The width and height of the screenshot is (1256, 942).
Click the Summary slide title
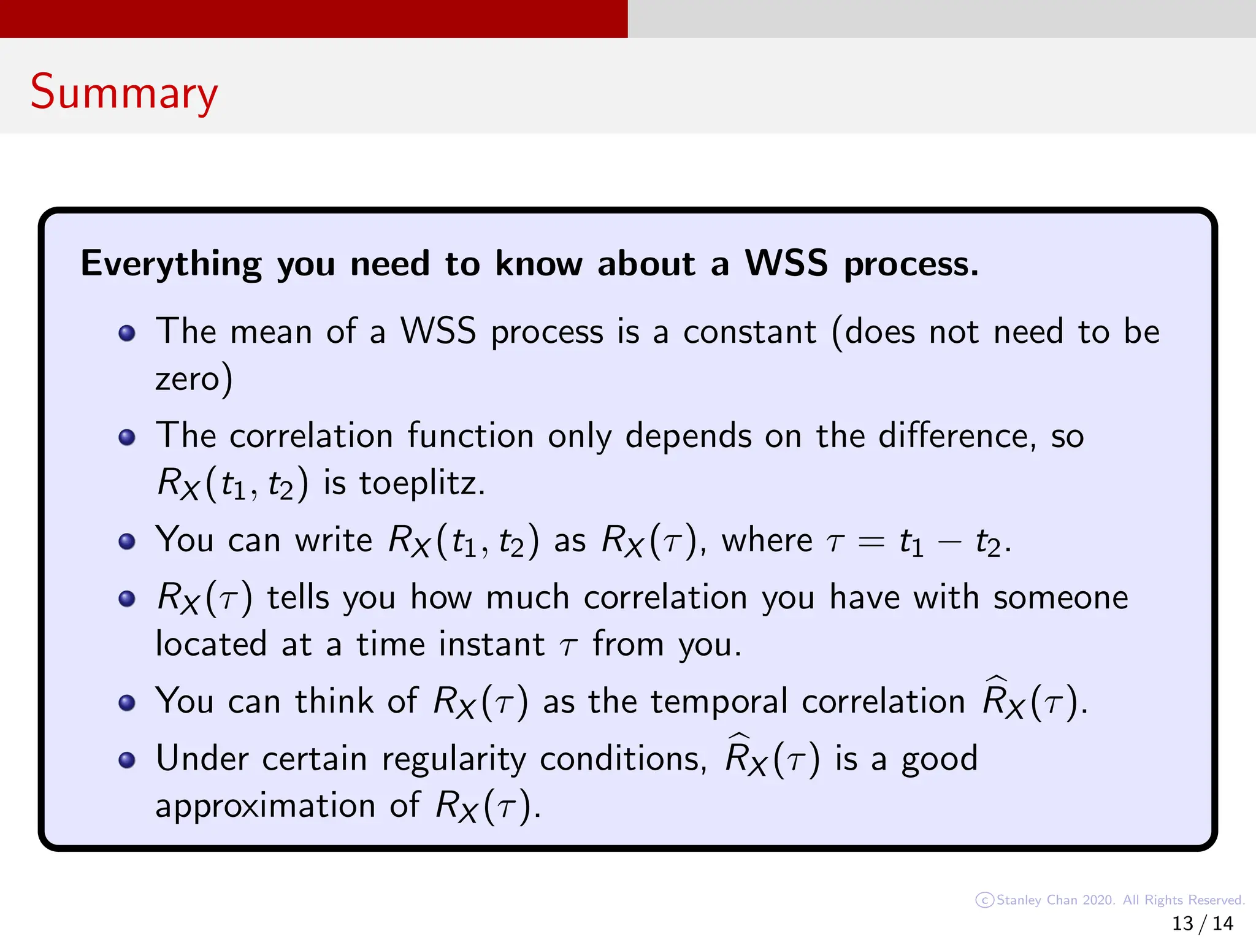point(124,92)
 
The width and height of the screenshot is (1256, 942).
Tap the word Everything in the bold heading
point(171,264)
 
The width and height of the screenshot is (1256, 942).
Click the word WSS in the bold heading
point(786,264)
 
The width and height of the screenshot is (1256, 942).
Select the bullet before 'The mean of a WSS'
point(127,333)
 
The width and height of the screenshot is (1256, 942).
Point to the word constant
point(749,332)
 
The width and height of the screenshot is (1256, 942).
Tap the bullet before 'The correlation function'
point(127,437)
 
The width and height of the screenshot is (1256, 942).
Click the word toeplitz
point(422,483)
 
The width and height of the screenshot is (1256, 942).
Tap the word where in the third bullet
point(767,540)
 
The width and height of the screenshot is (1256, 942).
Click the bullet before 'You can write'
point(127,542)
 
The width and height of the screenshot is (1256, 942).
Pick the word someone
point(1060,597)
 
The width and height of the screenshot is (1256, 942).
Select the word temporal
point(719,701)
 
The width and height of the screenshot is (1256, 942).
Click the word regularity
point(454,759)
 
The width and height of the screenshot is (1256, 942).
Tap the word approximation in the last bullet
point(265,806)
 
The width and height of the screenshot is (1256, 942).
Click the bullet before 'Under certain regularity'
point(127,760)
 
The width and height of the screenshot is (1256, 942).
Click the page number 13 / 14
point(1202,923)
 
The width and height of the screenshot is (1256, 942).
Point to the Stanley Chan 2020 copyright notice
point(1110,900)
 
